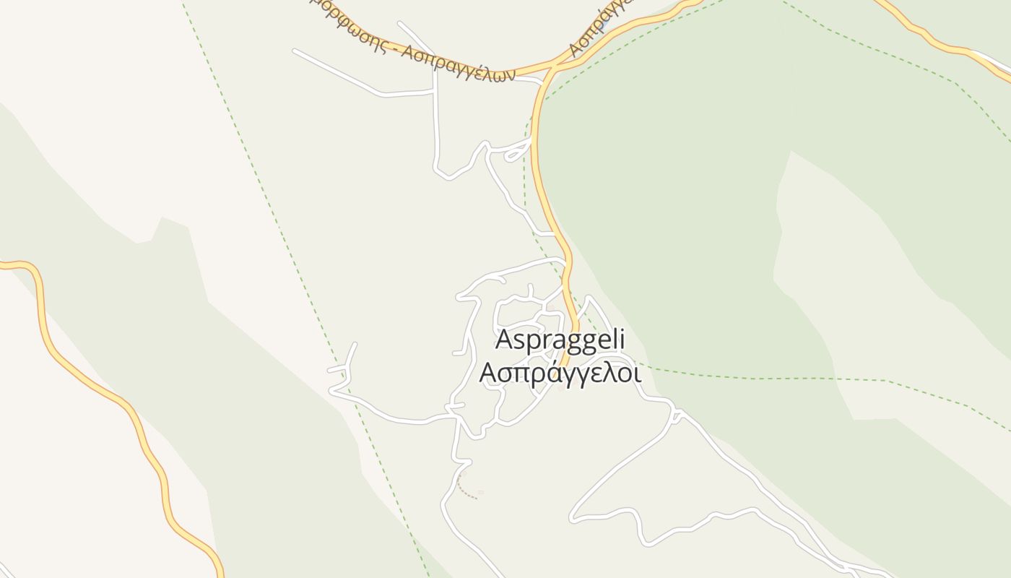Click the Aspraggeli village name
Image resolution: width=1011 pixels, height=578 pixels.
560,340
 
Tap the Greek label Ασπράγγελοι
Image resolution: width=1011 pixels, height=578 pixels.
560,373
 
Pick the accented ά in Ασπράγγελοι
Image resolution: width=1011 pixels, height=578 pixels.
534,372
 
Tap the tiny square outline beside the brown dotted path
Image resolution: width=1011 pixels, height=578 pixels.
481,493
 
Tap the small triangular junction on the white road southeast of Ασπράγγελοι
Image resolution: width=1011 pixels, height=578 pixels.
677,415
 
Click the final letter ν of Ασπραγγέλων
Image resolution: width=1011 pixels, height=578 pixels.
508,74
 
